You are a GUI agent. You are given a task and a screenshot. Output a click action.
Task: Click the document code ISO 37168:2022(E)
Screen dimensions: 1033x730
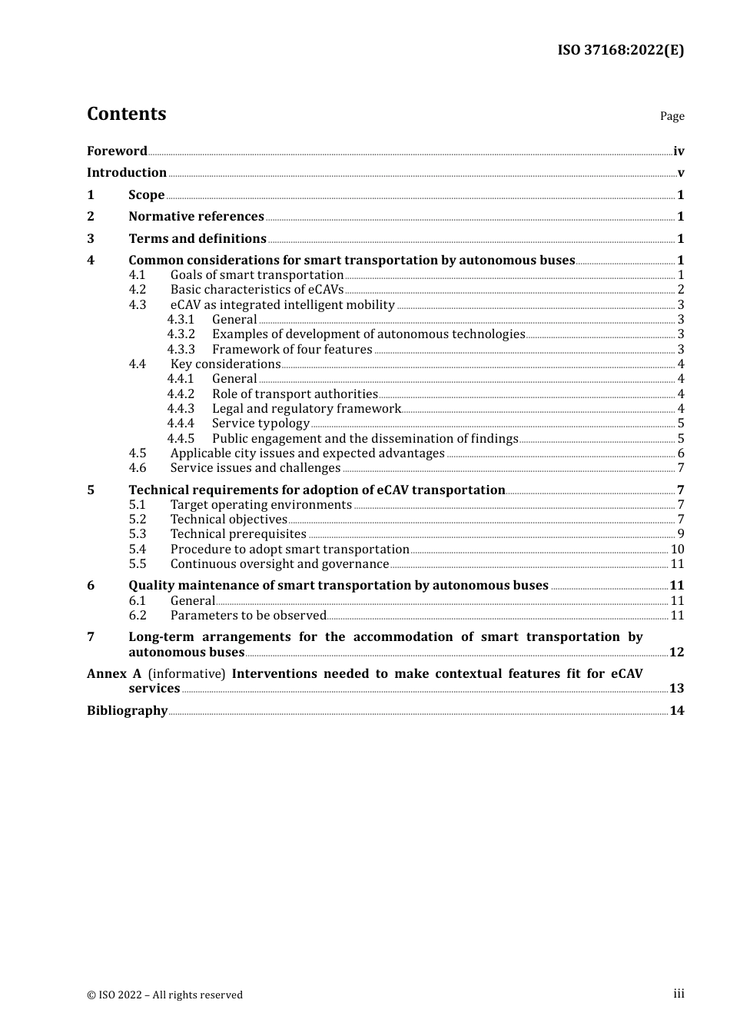[620, 50]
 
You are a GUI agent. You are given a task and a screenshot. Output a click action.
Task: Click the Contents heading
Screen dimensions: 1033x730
[126, 114]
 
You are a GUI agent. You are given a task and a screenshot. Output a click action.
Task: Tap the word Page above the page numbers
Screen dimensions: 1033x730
[672, 116]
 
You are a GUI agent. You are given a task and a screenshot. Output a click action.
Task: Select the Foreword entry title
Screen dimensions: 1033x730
[117, 151]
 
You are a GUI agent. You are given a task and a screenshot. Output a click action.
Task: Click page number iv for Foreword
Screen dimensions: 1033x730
[679, 151]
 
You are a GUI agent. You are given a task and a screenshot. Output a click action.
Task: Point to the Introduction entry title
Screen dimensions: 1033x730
[127, 173]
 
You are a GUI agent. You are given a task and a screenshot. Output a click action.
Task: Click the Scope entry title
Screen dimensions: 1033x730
[146, 195]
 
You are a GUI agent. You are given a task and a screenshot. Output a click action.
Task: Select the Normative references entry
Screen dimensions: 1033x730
[196, 217]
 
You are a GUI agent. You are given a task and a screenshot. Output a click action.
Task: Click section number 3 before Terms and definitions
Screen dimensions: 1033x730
[91, 239]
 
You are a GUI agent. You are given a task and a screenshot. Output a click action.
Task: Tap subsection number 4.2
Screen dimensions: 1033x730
[138, 290]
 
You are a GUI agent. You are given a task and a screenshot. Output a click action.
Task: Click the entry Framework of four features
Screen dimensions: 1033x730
[292, 350]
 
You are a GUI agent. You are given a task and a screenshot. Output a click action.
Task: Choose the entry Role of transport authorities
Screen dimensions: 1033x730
[294, 394]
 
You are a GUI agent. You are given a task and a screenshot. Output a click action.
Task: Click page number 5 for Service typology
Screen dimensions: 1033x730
[681, 423]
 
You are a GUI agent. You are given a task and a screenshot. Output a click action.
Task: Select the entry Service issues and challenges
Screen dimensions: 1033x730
[255, 468]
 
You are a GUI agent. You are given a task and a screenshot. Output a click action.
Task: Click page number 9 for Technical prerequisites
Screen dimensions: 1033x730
[681, 534]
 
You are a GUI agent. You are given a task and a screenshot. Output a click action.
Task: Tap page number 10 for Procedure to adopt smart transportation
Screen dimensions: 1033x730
[677, 550]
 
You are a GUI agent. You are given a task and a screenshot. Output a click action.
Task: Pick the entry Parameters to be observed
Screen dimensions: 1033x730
[248, 616]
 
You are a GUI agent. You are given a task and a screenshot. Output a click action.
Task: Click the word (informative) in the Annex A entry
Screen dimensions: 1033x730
[187, 674]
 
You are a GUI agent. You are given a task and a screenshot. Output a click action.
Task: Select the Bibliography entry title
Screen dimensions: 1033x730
[127, 711]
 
